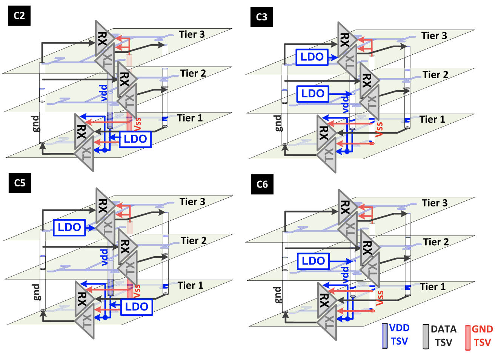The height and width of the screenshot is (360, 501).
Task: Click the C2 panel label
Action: click(19, 16)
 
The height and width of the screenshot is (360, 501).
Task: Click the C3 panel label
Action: click(261, 17)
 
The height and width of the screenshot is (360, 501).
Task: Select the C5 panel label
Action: click(20, 183)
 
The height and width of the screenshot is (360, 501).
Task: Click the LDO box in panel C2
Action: click(135, 139)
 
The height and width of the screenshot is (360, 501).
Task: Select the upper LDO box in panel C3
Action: click(312, 57)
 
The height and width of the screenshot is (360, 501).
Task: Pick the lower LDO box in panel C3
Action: click(313, 94)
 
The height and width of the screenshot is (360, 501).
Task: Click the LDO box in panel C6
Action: click(313, 261)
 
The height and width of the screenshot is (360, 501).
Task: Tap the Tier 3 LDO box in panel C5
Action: click(69, 228)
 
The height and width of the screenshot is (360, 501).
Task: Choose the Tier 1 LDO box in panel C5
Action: click(136, 307)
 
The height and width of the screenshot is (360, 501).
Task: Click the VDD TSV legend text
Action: click(400, 335)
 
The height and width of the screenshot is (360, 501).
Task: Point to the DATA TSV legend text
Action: click(443, 336)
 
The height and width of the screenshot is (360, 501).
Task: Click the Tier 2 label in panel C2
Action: click(193, 73)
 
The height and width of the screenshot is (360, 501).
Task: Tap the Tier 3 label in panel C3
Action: click(434, 36)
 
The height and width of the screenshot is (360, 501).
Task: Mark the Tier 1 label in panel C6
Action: click(433, 287)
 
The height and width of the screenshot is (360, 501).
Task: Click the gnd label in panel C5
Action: click(35, 292)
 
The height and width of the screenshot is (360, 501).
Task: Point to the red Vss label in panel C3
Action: click(379, 129)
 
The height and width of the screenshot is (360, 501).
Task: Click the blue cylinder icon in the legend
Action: click(385, 335)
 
